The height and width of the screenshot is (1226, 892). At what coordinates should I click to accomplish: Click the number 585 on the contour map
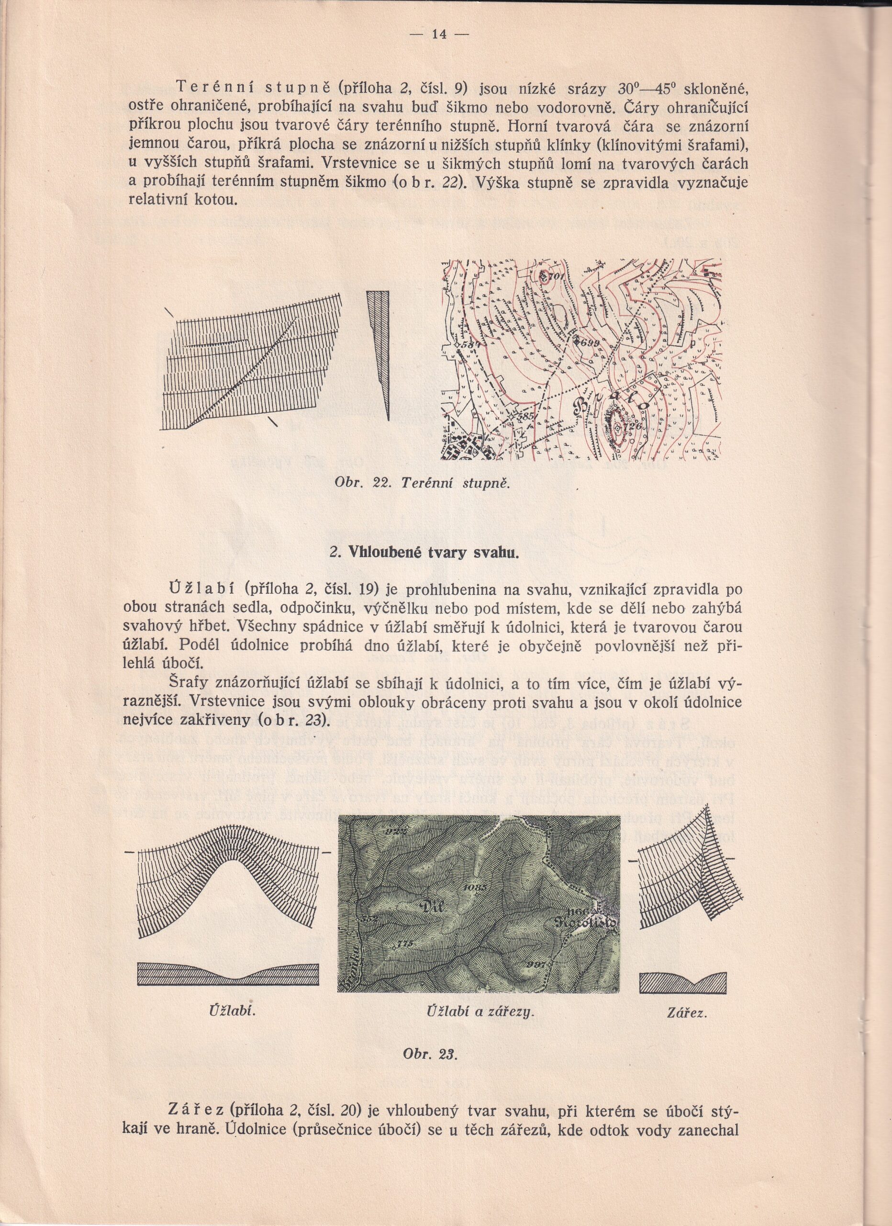coord(524,417)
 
